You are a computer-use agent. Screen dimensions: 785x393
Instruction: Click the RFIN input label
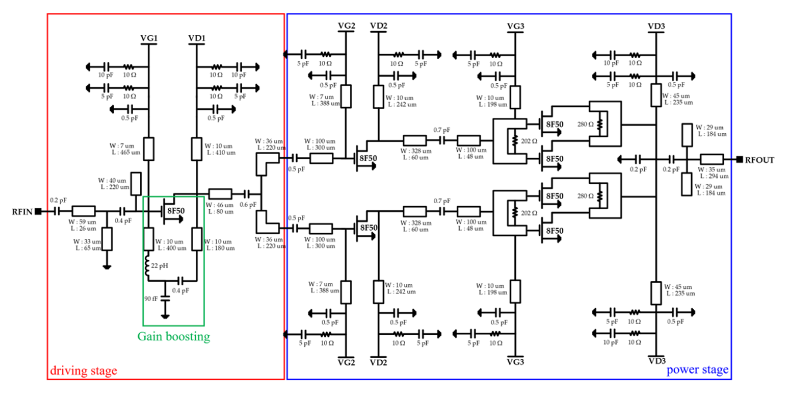point(22,212)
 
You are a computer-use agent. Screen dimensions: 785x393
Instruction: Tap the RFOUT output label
point(759,160)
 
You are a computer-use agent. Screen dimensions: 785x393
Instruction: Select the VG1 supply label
point(149,38)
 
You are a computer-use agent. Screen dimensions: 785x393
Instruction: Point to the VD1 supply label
point(196,38)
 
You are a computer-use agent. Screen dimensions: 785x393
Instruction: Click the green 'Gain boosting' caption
point(174,336)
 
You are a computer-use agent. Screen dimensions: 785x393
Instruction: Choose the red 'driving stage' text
point(83,371)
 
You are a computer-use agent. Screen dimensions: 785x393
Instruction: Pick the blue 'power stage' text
point(697,370)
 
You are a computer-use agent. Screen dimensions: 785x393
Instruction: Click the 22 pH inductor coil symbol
point(147,266)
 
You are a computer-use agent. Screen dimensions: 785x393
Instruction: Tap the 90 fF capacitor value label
point(151,299)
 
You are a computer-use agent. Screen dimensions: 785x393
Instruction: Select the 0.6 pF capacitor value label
point(248,205)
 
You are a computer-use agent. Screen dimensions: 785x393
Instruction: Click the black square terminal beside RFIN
point(38,211)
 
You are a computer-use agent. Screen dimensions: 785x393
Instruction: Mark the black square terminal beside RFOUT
point(739,159)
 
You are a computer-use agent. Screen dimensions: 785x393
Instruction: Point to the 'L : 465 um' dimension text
point(126,153)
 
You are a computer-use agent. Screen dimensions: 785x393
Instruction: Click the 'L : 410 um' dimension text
point(221,153)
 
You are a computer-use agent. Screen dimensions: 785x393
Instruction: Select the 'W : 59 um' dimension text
point(82,222)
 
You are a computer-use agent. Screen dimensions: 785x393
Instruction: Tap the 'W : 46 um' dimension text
point(219,205)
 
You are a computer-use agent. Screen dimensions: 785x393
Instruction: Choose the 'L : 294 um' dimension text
point(714,176)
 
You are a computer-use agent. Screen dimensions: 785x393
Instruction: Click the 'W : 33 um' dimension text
point(87,241)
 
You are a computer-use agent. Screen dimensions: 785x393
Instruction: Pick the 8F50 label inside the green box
point(176,211)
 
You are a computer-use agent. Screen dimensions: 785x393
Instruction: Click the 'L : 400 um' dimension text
point(172,248)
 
